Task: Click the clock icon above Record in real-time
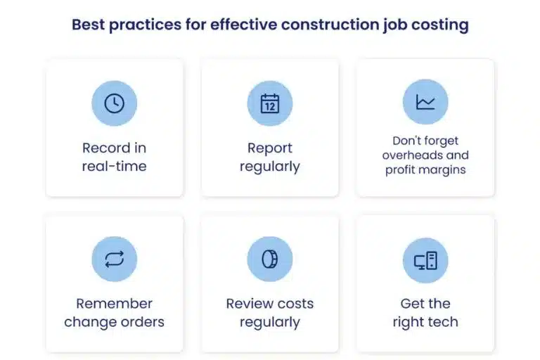coord(114,103)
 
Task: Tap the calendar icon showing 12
coord(270,103)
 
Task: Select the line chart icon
coord(425,102)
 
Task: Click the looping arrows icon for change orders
coord(114,259)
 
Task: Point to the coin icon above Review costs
coord(270,259)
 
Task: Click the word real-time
coord(114,167)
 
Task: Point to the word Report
coord(270,148)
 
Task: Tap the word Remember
coord(114,304)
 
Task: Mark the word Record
coord(106,148)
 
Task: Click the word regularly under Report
coord(270,167)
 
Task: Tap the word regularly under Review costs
coord(270,322)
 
